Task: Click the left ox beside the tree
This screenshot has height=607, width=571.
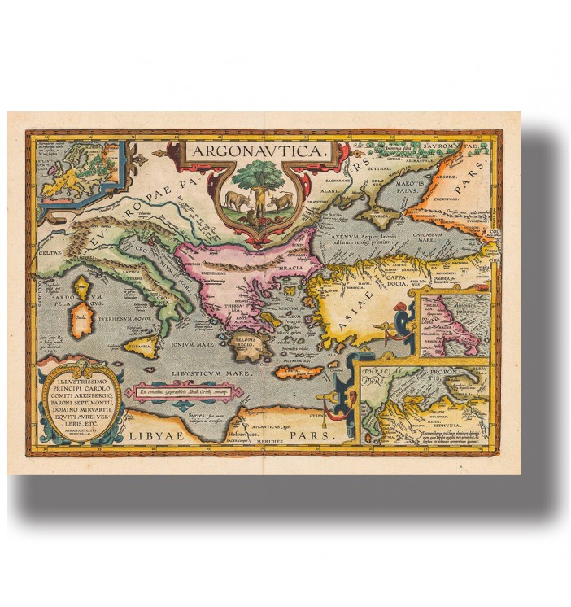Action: coord(234,200)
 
